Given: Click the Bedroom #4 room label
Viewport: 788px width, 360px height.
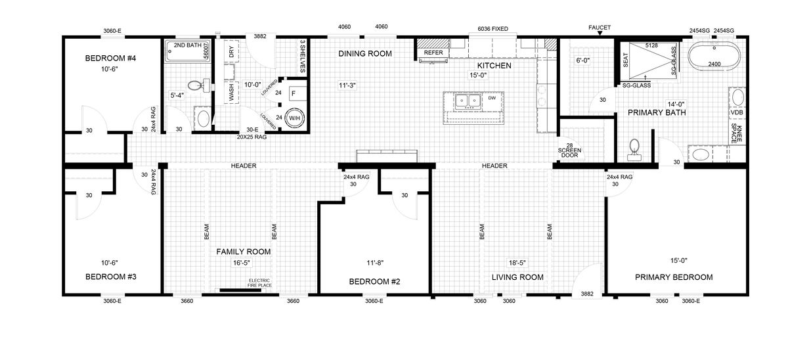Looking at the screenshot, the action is point(110,58).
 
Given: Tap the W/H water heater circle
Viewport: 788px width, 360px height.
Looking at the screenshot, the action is point(294,118).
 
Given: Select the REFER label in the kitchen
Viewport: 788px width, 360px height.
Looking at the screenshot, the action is point(433,53).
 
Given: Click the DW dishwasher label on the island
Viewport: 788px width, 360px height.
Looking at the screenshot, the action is point(492,98).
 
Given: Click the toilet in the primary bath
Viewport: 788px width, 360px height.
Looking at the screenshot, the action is point(634,150).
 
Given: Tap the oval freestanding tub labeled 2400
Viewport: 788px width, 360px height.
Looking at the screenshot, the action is point(714,56).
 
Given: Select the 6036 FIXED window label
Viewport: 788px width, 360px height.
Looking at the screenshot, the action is point(492,29).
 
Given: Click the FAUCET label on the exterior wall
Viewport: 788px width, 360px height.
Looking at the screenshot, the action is point(600,28).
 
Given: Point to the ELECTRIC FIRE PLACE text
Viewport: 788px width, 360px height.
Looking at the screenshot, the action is point(259,283).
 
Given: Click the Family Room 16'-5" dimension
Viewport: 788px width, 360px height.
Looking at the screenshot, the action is point(242,263).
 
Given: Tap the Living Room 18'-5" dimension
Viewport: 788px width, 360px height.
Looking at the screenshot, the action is point(517,263).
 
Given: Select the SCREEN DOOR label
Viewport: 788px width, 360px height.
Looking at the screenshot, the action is point(569,152).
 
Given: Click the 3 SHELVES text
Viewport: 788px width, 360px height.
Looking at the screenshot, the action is point(302,56).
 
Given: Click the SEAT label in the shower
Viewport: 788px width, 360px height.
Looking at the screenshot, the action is point(625,60).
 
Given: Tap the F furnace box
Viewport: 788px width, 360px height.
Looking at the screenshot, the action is point(294,93).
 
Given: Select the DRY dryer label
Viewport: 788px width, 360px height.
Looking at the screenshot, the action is point(231,52).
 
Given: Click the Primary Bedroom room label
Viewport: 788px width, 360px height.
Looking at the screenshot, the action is point(674,277).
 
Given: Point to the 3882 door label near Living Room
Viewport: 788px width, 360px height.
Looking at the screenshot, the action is point(587,294).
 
